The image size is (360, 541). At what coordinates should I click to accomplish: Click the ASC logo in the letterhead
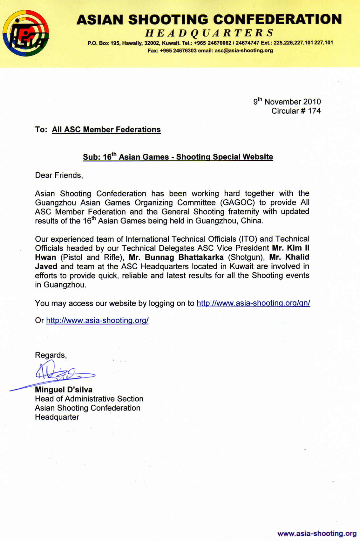[x=26, y=33]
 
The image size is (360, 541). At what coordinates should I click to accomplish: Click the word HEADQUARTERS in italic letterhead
[x=209, y=33]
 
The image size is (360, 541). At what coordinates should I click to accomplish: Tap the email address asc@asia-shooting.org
[x=244, y=50]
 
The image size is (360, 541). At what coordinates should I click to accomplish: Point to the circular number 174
[x=314, y=111]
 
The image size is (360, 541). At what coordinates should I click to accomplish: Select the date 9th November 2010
[x=287, y=102]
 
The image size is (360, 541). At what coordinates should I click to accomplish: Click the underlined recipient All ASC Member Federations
[x=106, y=130]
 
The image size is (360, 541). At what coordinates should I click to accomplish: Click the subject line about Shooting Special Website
[x=178, y=157]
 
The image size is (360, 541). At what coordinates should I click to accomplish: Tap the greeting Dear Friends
[x=59, y=175]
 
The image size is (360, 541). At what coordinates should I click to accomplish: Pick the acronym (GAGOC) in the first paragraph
[x=238, y=203]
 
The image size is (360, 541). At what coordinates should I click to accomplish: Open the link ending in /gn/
[x=253, y=303]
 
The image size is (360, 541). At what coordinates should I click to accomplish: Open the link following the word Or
[x=97, y=320]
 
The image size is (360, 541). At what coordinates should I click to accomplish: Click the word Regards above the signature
[x=51, y=355]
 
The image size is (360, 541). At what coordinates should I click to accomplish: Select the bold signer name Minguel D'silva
[x=64, y=390]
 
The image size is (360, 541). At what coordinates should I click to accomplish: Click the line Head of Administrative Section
[x=89, y=399]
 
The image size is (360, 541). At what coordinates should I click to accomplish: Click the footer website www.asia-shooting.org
[x=317, y=533]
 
